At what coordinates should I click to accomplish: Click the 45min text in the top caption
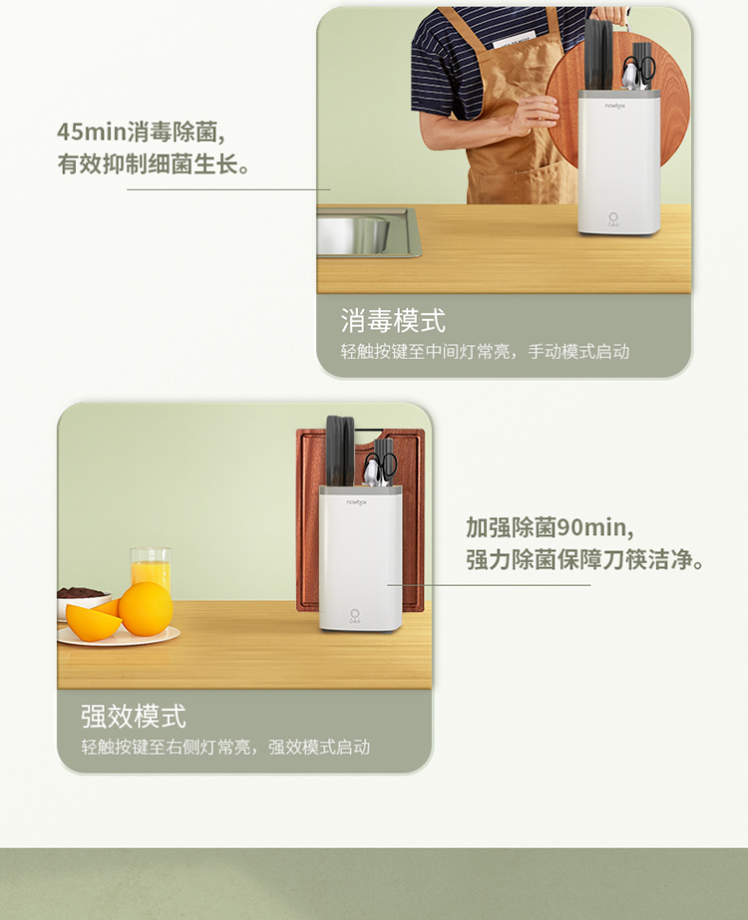(x=92, y=132)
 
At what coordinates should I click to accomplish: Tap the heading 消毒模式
(x=393, y=321)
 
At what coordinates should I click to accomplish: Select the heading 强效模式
(x=134, y=717)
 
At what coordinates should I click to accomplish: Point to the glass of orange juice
(x=151, y=570)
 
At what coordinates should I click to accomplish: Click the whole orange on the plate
(x=147, y=609)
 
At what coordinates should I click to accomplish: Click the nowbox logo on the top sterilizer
(x=615, y=106)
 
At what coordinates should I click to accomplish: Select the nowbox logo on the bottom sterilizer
(x=356, y=502)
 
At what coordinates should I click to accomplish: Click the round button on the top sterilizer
(x=613, y=217)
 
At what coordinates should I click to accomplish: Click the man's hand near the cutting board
(x=534, y=114)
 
